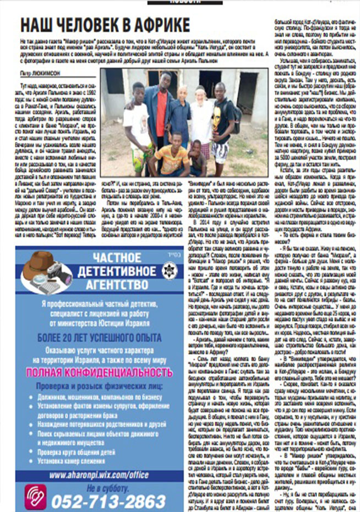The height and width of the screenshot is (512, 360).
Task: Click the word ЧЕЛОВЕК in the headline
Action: [89, 25]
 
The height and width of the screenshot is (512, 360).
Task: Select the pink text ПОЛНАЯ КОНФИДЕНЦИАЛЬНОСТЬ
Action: [99, 373]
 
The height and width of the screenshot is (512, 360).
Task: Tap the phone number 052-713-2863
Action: [108, 502]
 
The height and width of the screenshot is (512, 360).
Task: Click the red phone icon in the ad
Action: [35, 496]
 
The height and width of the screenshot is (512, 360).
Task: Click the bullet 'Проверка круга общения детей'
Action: [77, 452]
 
